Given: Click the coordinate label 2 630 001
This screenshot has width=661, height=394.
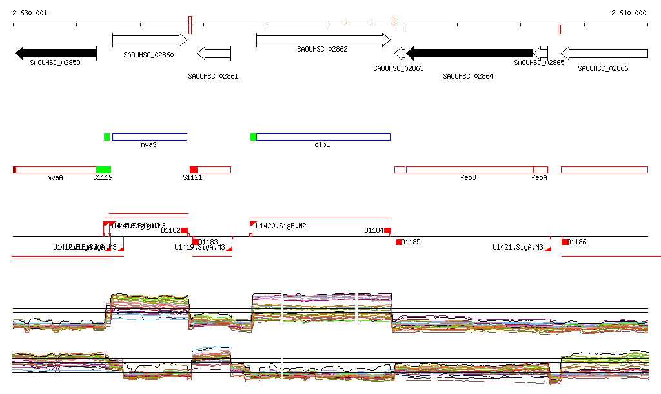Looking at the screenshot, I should [28, 13].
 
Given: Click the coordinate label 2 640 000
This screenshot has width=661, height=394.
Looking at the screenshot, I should [628, 13].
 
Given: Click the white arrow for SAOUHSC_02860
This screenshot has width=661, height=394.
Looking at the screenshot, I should [149, 40].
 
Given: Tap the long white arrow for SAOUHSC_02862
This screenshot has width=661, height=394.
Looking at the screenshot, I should [323, 40].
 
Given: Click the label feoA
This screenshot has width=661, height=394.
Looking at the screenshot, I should [539, 177].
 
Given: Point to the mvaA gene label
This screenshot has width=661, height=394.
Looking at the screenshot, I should [55, 177].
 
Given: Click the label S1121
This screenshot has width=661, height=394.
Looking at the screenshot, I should [192, 177].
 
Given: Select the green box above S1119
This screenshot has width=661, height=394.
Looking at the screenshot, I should [103, 170].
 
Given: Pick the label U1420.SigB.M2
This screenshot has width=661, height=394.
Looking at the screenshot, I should [281, 226].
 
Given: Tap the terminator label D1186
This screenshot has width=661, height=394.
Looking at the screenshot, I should [577, 242].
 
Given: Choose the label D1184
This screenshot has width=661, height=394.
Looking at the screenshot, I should [374, 230].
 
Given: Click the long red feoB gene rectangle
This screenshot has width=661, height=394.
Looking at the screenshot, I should [469, 170].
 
